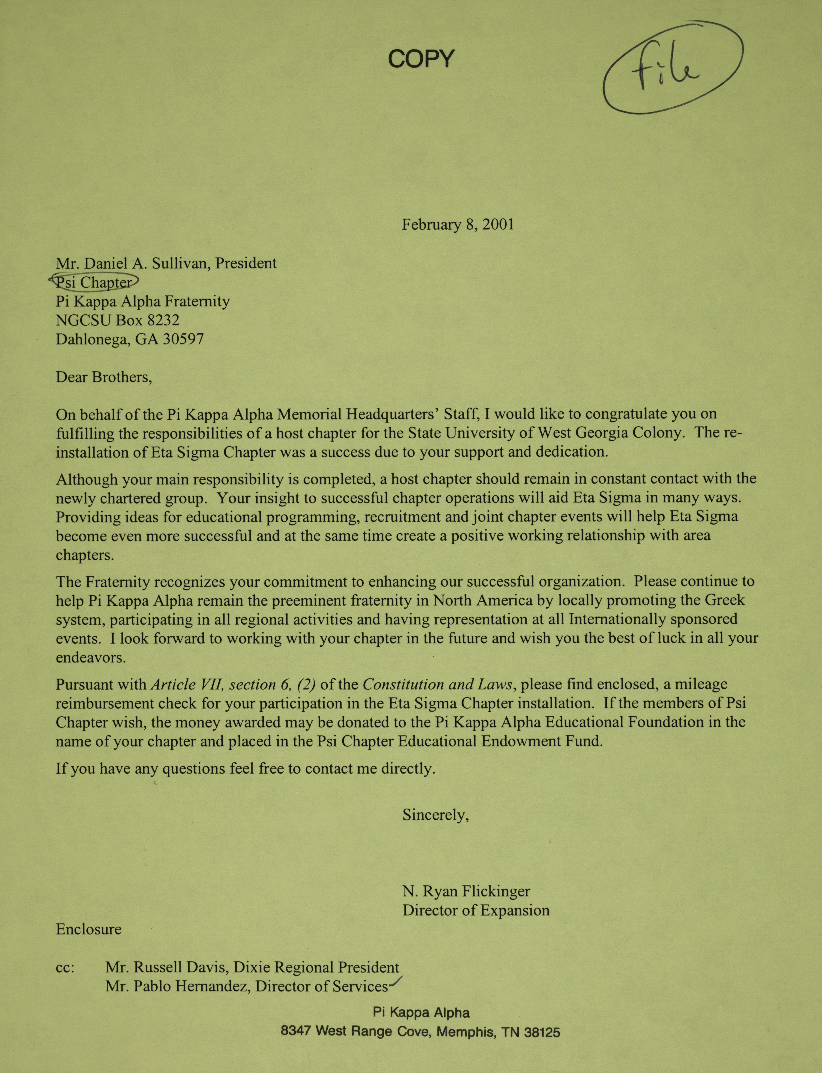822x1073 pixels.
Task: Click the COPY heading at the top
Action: (421, 59)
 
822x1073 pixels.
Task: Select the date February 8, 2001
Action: (458, 225)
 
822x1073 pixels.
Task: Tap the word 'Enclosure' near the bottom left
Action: (89, 929)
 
